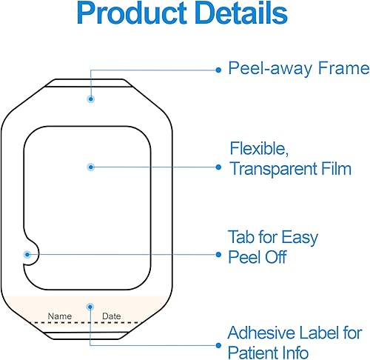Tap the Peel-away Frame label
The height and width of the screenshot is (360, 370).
[298, 69]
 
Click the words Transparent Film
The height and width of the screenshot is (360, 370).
[289, 169]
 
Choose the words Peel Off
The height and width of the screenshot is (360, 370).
[256, 258]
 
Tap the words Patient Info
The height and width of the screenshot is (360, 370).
[268, 352]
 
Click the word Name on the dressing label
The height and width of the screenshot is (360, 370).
[60, 316]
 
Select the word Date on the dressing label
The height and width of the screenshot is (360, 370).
[111, 316]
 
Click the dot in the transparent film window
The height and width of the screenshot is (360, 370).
[90, 167]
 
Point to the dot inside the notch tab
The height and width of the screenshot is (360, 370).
[27, 253]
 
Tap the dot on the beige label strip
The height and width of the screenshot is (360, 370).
[90, 305]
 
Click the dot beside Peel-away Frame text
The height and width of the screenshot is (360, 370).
[218, 69]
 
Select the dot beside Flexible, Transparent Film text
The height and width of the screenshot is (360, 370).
[218, 167]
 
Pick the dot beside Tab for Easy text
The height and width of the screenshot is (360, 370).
[218, 253]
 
